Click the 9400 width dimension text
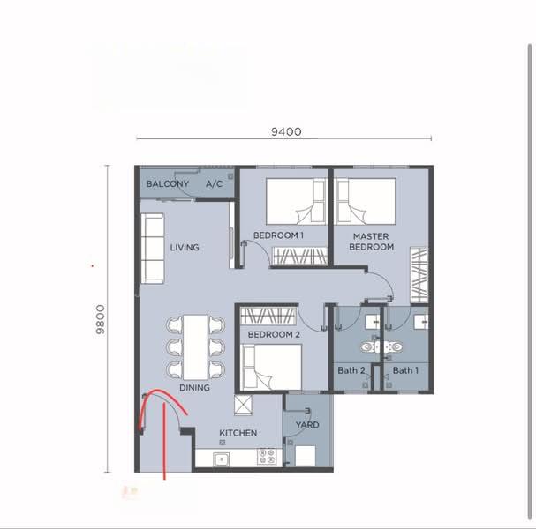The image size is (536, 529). tap(287, 131)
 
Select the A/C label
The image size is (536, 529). tap(214, 184)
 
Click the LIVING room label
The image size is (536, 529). tap(185, 248)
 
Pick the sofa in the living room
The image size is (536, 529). tap(153, 249)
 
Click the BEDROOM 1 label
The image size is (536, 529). tap(278, 235)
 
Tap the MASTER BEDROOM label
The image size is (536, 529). tap(372, 242)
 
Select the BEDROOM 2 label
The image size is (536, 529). tap(274, 336)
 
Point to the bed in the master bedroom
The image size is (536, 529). tap(365, 201)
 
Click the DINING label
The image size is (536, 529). tap(194, 388)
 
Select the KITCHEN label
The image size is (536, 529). tap(238, 433)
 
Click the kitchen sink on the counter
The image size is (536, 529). tap(221, 458)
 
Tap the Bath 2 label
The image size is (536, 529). tap(351, 370)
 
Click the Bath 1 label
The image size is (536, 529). tap(405, 370)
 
